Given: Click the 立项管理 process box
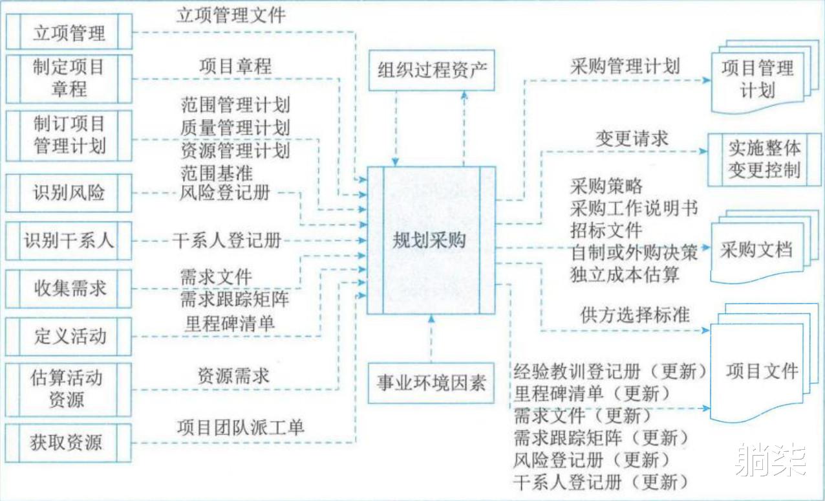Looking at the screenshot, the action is point(69,32).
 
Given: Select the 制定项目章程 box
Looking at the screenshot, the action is point(69,79).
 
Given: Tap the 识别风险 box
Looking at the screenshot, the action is point(69,193).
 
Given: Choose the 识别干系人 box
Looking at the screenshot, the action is point(69,241).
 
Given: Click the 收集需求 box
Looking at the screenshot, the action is point(69,289).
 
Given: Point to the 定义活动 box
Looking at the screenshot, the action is point(69,337).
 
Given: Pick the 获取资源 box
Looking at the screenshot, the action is point(69,443).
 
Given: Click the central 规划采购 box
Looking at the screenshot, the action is point(431,240).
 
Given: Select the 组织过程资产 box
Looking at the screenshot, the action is point(432,71).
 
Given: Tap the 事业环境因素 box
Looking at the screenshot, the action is point(431,383).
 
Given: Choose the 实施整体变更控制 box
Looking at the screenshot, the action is point(764,160).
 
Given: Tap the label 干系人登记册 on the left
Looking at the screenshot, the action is point(227,240).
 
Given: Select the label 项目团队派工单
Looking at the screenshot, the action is point(241,428).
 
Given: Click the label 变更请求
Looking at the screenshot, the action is point(632,139).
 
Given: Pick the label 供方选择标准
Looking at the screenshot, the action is point(635,315).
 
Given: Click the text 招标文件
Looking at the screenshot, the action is point(606,230).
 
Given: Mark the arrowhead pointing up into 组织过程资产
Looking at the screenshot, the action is point(464,95).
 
